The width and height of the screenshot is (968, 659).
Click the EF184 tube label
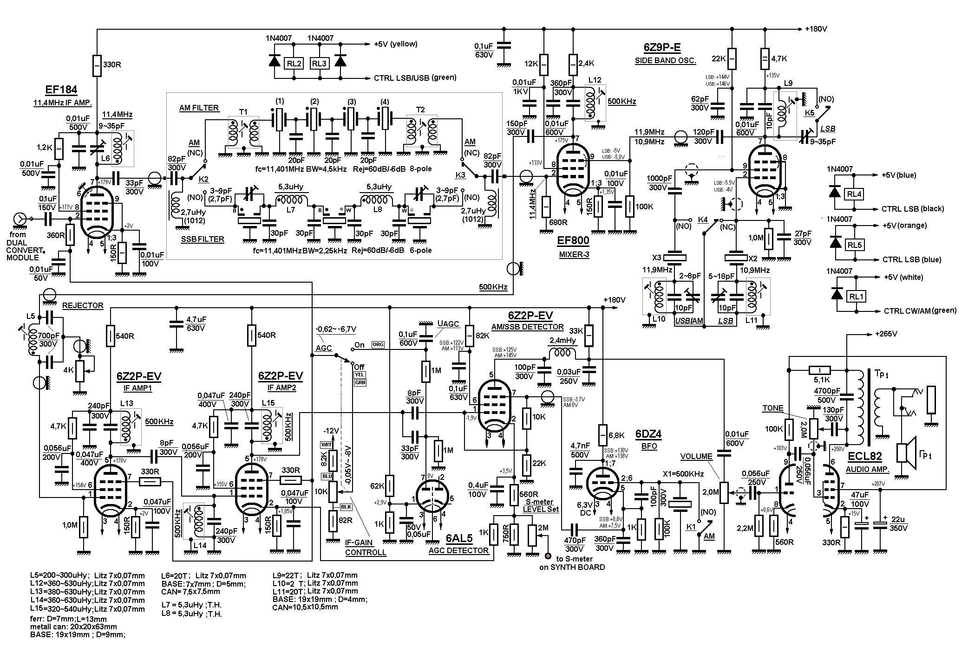pos(61,90)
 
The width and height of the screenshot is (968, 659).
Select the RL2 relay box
pos(294,64)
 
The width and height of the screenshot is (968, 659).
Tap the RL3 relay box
pos(319,64)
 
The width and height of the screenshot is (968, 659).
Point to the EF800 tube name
pos(574,241)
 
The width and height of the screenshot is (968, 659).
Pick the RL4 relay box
pos(854,194)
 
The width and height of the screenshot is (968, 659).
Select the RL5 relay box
pos(854,245)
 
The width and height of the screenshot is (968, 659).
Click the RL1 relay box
pos(854,296)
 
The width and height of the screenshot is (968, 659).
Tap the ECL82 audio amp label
pos(864,456)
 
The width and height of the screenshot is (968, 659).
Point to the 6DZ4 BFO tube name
pos(648,434)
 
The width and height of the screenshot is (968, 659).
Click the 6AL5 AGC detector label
pos(459,538)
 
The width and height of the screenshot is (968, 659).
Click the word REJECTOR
pos(83,305)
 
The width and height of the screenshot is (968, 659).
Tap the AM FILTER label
pos(199,108)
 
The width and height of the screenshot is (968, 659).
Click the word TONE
pos(773,408)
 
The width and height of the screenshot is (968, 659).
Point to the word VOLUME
pos(696,456)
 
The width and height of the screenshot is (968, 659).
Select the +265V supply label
pos(886,334)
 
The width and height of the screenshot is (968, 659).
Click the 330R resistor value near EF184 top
pos(111,65)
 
